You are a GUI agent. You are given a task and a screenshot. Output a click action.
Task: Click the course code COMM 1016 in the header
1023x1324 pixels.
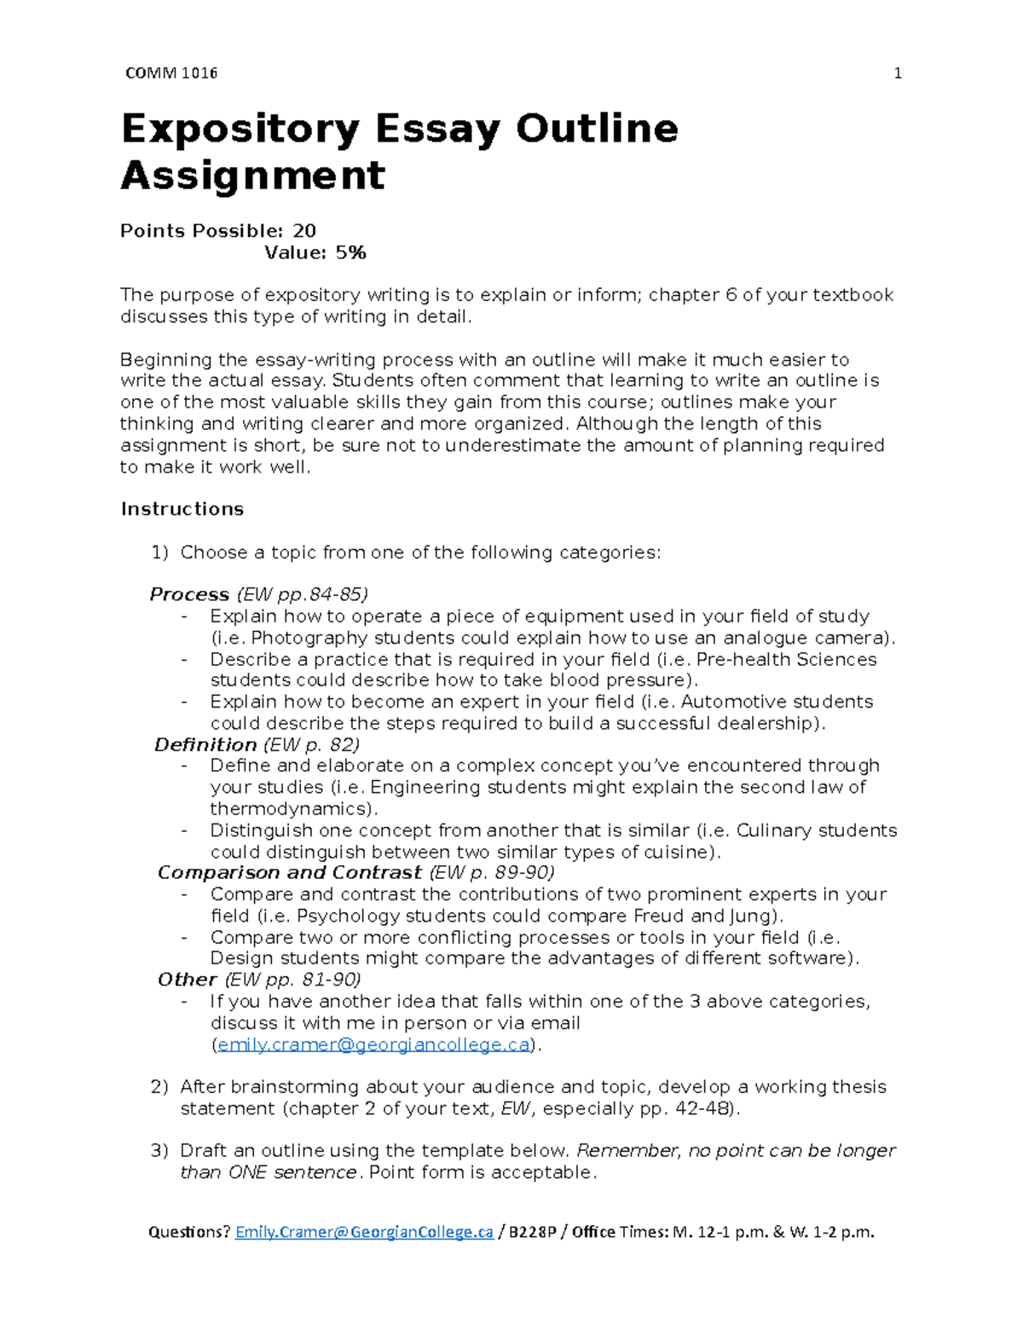tap(171, 73)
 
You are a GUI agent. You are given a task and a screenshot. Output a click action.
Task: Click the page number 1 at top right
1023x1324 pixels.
tap(897, 73)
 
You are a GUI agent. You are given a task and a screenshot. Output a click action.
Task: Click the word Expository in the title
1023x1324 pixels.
tap(240, 130)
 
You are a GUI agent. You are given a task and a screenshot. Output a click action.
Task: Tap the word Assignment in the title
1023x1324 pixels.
tap(253, 176)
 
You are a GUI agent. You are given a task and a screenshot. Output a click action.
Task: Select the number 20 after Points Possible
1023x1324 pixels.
tap(304, 231)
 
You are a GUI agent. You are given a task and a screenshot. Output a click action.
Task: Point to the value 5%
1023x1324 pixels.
tap(350, 252)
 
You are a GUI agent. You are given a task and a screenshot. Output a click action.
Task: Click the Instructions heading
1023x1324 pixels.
tap(182, 509)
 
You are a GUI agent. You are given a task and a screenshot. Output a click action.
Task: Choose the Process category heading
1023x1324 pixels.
tap(189, 594)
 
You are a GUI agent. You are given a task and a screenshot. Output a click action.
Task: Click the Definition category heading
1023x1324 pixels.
tap(205, 744)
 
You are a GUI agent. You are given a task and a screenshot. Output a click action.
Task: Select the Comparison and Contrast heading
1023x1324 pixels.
tap(290, 872)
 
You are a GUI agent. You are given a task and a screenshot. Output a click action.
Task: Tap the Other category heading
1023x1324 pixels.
tap(188, 980)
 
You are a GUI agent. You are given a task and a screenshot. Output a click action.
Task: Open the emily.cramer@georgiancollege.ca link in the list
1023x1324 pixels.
tap(373, 1044)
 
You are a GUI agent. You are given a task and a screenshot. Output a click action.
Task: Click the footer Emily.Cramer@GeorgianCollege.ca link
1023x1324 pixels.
tap(364, 1232)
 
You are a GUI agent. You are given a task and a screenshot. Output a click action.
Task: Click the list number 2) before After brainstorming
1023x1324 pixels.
tap(159, 1087)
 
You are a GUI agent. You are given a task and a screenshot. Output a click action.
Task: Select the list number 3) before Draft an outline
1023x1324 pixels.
tap(159, 1151)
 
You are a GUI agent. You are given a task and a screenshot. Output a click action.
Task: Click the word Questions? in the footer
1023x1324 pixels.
tap(189, 1232)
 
